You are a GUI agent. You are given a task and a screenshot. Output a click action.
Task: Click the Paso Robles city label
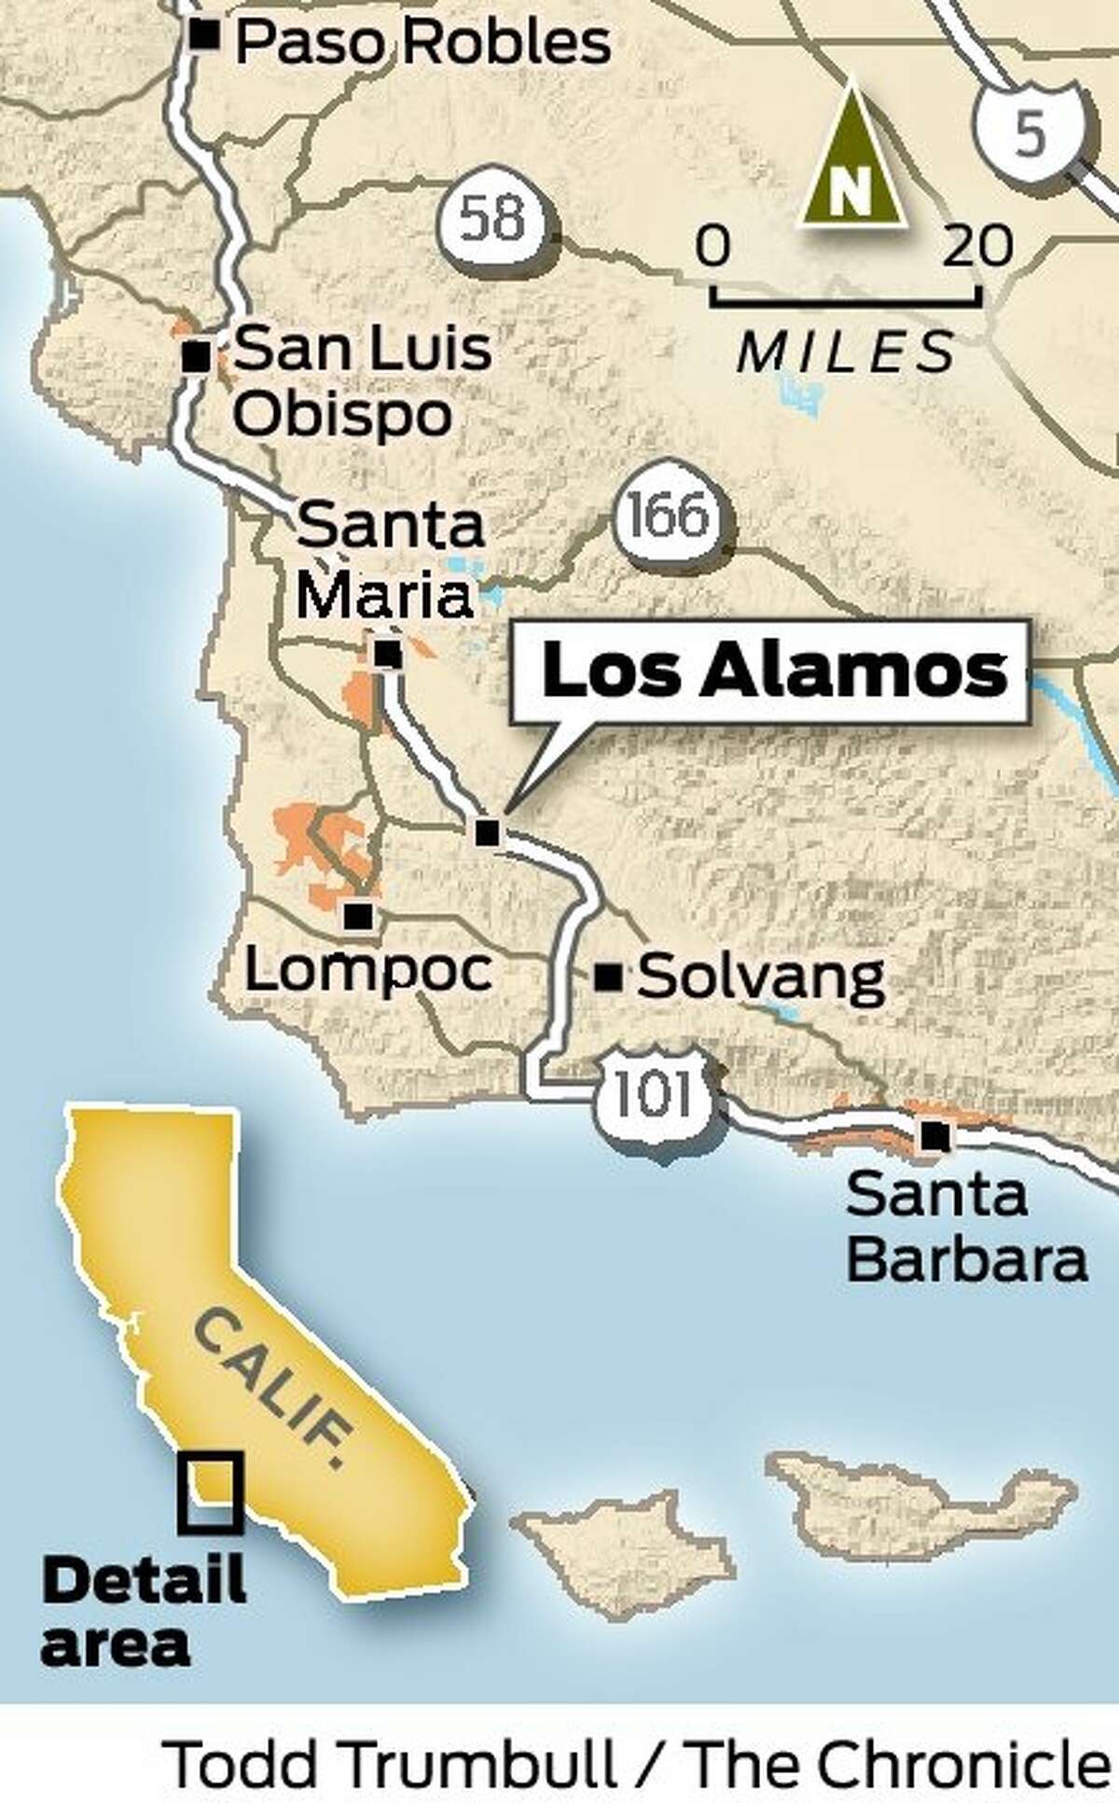tap(422, 43)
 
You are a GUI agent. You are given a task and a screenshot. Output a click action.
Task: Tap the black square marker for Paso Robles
tap(204, 36)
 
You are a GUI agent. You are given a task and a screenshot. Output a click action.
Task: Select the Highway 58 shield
tap(494, 220)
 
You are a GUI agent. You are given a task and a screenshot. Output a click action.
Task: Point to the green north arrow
tap(851, 159)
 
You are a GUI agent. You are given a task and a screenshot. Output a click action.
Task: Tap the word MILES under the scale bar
tap(846, 353)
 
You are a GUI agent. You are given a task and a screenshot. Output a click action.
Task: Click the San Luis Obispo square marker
tap(196, 357)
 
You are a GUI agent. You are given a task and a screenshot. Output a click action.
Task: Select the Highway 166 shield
tap(668, 516)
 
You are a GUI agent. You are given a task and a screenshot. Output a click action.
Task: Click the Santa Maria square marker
tap(388, 655)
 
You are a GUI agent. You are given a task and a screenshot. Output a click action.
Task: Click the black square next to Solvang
tap(609, 977)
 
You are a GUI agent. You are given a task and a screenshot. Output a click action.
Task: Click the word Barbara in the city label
tap(966, 1259)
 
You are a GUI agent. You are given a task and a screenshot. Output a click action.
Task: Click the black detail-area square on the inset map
tap(212, 1492)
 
